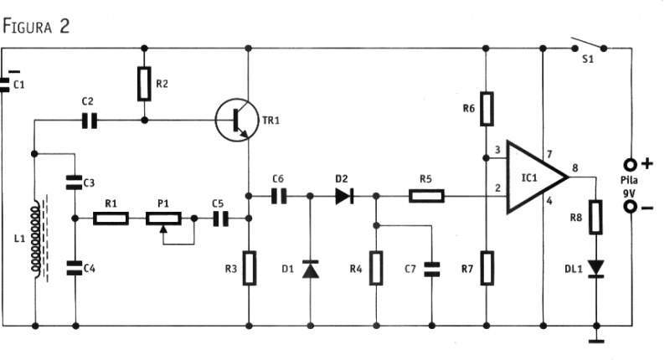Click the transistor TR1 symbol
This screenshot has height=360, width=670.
pyautogui.click(x=237, y=120)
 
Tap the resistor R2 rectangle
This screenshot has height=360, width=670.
pyautogui.click(x=144, y=84)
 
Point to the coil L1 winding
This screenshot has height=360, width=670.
pyautogui.click(x=35, y=239)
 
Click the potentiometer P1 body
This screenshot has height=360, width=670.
pyautogui.click(x=163, y=219)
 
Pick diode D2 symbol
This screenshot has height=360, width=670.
pyautogui.click(x=344, y=196)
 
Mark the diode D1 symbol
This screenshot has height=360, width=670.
pyautogui.click(x=311, y=269)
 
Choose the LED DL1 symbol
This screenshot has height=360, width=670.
pyautogui.click(x=596, y=269)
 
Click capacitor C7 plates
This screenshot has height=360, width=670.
pyautogui.click(x=431, y=269)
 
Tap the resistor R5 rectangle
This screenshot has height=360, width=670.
pyautogui.click(x=426, y=196)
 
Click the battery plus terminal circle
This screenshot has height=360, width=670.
pyautogui.click(x=631, y=164)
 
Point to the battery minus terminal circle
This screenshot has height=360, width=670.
pyautogui.click(x=631, y=207)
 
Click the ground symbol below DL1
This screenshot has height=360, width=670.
pyautogui.click(x=596, y=341)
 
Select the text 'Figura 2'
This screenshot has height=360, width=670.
pyautogui.click(x=36, y=26)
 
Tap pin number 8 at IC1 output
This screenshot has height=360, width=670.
pyautogui.click(x=575, y=167)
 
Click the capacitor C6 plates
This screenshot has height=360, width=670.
pyautogui.click(x=279, y=196)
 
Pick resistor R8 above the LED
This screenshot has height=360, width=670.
pyautogui.click(x=595, y=217)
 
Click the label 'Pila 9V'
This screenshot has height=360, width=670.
pyautogui.click(x=629, y=187)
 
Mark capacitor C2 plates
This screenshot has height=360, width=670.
pyautogui.click(x=90, y=121)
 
